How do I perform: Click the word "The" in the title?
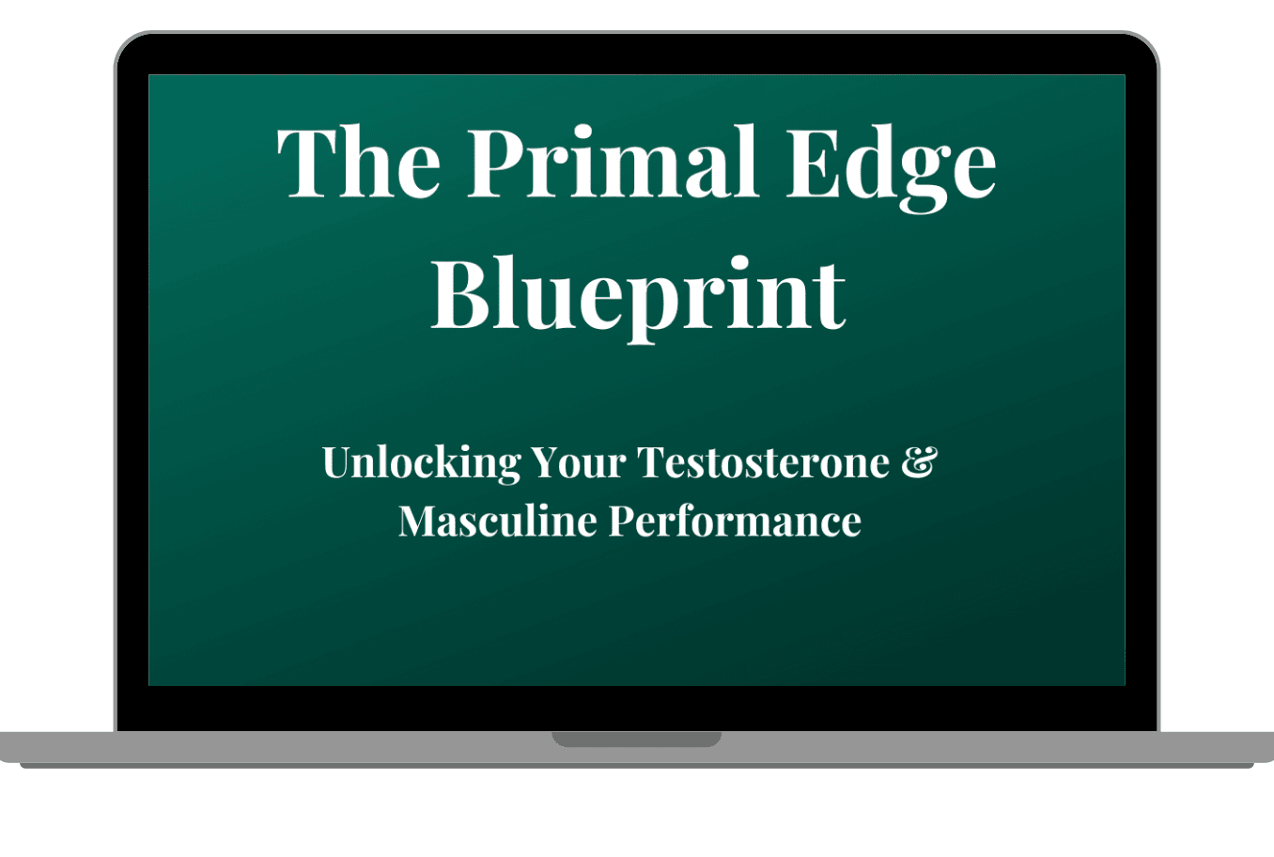coord(359,162)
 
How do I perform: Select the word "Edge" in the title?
coord(891,168)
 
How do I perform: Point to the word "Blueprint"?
coord(638,299)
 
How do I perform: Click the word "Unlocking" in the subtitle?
coord(422,463)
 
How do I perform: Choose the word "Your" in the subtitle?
coord(579,462)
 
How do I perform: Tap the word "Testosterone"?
coord(763,462)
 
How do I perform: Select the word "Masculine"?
coord(498,521)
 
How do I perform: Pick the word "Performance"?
coord(735,522)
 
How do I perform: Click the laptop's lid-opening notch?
coord(636,739)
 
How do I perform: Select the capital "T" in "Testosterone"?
coord(652,462)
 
